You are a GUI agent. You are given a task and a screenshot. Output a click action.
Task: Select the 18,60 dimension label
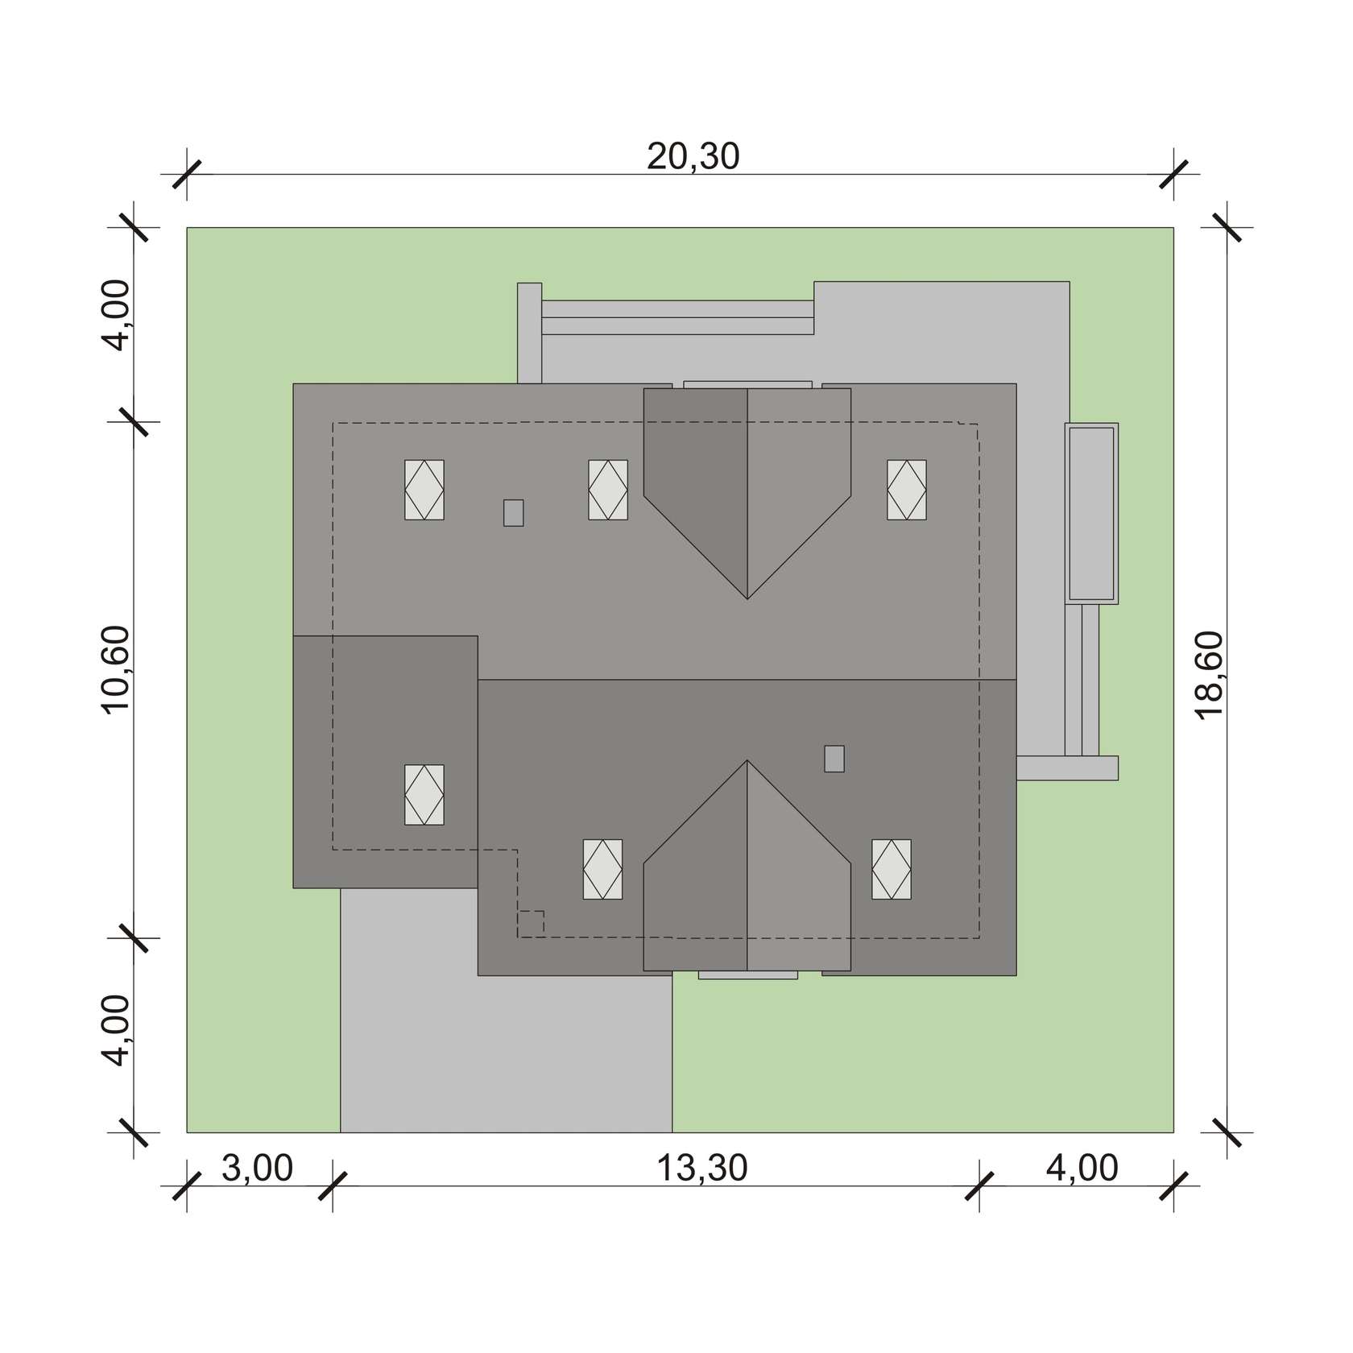coord(1210,676)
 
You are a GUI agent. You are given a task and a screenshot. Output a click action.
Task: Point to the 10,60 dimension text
coord(115,669)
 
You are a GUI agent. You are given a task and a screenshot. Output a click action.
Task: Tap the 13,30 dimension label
coord(702,1168)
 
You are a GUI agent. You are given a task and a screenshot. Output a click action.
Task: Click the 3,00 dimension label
coord(257,1168)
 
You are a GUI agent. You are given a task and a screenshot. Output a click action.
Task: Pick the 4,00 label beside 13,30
coord(1082,1168)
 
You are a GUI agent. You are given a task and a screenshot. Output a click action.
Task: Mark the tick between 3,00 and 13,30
coord(333,1185)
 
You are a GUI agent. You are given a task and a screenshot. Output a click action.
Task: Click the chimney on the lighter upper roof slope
coord(513,513)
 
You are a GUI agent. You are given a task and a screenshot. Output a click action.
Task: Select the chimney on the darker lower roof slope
coord(834,759)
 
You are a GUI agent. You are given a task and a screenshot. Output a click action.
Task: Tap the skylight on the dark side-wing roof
coord(424,794)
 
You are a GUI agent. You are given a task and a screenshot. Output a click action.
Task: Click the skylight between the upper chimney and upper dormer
coord(608,490)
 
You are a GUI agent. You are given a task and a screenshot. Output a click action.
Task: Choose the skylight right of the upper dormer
coord(907,490)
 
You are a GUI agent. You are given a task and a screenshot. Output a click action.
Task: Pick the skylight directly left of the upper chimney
coord(424,490)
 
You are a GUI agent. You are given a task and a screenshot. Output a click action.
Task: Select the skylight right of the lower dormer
coord(892,869)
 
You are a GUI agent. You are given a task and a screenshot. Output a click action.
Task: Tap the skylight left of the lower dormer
coord(602,869)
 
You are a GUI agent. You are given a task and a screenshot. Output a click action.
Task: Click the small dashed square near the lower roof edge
coord(531,923)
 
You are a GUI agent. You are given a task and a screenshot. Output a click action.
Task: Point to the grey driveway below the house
coord(506,1047)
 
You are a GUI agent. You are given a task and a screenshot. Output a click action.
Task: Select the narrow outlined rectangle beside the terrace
coord(1091,513)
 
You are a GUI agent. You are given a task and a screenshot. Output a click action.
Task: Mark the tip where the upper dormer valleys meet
coord(747,598)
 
